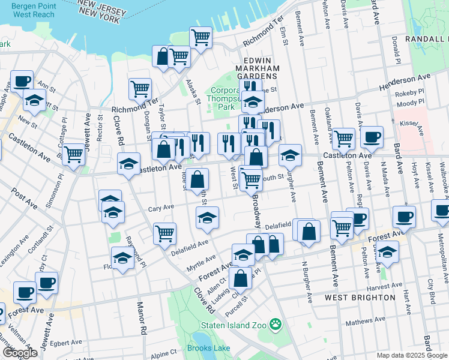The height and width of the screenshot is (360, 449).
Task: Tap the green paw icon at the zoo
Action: pos(275,325)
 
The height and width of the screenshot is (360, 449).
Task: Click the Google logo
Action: pos(20,353)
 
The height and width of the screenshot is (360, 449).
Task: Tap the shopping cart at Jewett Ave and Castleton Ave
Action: pos(73,154)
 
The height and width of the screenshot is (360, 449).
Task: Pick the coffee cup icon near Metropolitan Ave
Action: pos(442,210)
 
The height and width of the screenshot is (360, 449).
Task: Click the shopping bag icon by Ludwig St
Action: pos(240,278)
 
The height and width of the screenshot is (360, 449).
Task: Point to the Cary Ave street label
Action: pos(161,207)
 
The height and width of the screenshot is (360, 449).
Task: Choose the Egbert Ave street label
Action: pos(66,344)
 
